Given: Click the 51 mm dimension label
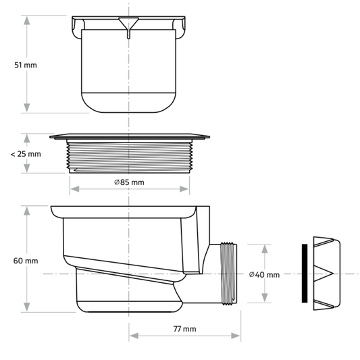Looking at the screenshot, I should tap(26, 65).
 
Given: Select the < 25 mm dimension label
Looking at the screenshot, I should tap(26, 154).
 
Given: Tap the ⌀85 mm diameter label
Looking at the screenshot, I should tap(128, 182).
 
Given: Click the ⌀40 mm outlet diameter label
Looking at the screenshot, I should tap(263, 274).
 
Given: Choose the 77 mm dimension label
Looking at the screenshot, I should tap(184, 329).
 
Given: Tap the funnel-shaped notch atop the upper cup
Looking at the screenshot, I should tap(128, 25).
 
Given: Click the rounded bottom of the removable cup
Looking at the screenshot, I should tap(128, 105).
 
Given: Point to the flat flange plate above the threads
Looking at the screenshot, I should tap(128, 136).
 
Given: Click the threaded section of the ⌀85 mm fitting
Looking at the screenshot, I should tap(128, 157).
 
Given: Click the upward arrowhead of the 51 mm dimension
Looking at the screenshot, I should tap(27, 18).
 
